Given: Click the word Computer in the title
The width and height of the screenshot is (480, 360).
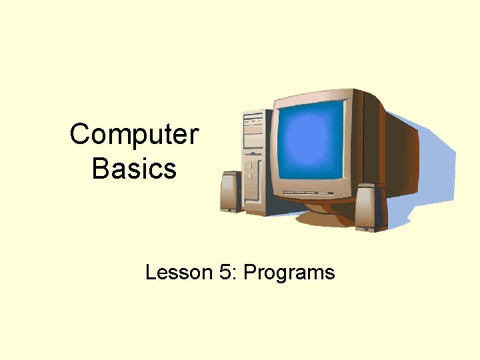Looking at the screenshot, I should [x=134, y=135].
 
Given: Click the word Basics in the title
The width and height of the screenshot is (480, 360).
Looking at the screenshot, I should [x=134, y=169].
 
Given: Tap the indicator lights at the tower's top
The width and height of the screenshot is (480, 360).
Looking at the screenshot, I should [x=253, y=122].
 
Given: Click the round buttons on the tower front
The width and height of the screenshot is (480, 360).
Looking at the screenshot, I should [x=250, y=171].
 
